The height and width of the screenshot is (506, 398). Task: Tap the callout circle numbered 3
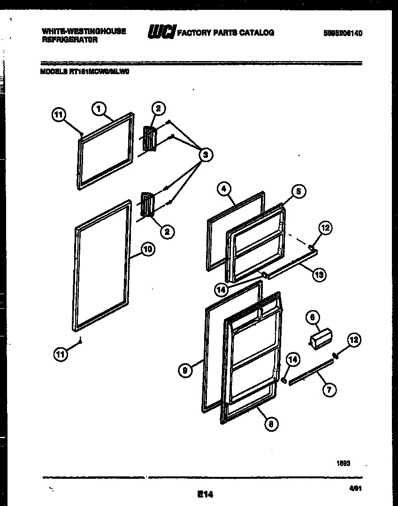click(205, 154)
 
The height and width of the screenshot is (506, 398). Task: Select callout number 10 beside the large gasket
click(147, 249)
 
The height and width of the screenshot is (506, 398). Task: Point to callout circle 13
click(319, 275)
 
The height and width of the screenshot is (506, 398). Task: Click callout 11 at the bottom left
click(60, 355)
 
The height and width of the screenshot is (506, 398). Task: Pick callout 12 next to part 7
click(354, 340)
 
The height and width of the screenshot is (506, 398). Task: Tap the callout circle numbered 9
click(185, 371)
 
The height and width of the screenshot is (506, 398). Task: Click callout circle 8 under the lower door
click(271, 423)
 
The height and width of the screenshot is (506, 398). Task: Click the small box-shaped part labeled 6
click(319, 338)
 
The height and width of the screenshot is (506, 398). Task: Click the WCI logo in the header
click(162, 32)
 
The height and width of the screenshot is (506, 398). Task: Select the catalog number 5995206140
click(343, 33)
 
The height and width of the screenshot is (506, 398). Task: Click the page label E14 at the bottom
click(205, 494)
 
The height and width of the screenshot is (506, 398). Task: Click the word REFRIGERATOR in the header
click(69, 40)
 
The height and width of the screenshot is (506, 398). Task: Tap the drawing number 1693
click(343, 463)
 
